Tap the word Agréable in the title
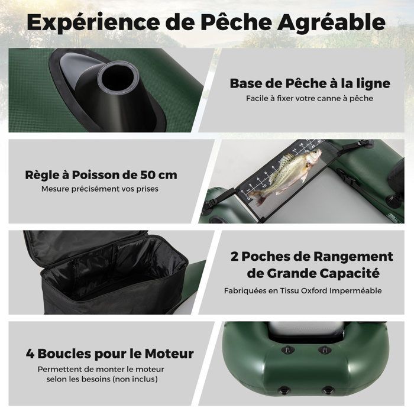pyautogui.click(x=331, y=23)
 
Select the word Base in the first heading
pyautogui.click(x=245, y=83)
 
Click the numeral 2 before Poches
pyautogui.click(x=234, y=256)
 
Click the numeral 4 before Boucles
pyautogui.click(x=30, y=354)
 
